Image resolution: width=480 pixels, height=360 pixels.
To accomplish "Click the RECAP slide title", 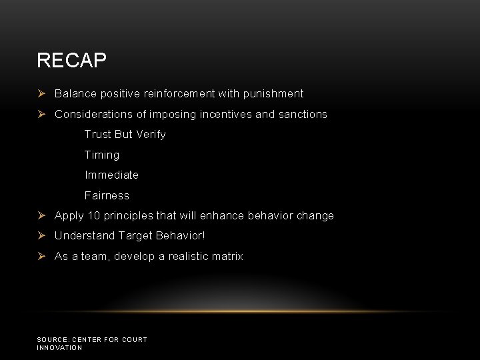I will pos(71,61).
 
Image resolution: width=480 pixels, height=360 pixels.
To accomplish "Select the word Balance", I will pos(75,94).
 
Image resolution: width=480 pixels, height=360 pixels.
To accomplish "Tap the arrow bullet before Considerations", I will pos(41,114).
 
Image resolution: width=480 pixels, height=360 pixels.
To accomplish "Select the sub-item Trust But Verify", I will pos(125,134).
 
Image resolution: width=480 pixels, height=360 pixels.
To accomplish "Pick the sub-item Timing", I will pos(102,155).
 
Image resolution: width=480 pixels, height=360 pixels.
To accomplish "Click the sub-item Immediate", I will pos(111,175).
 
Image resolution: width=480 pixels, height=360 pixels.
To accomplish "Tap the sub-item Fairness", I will pos(107,195).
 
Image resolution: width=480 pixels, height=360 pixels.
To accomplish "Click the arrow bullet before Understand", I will pos(41,235).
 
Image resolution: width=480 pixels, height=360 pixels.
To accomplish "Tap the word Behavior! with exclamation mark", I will pos(181,236).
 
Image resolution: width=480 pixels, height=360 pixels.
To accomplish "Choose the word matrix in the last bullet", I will pos(227,256).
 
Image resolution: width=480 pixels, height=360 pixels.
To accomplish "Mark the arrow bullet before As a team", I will pos(41,256).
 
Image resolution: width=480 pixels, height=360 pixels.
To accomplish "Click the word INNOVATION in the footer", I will pos(59,348).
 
